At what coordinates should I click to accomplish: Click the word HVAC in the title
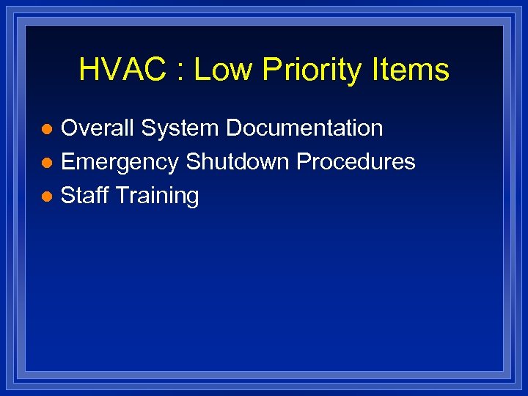click(x=122, y=70)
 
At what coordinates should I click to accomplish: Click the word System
click(x=180, y=129)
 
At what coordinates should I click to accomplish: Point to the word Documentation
click(x=304, y=128)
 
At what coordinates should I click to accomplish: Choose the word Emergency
click(x=120, y=163)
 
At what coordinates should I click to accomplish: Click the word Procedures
click(x=356, y=162)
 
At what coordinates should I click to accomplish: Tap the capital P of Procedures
click(x=303, y=162)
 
